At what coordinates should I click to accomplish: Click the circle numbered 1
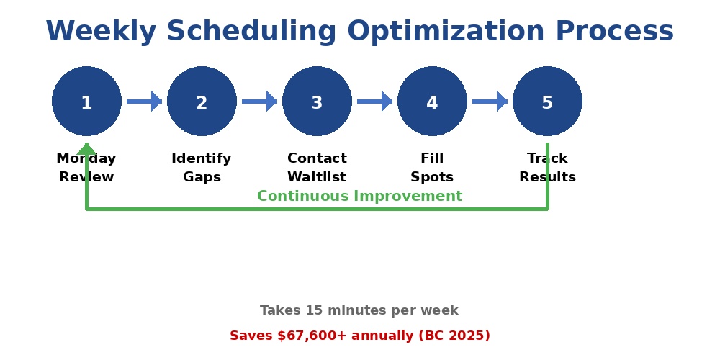pyautogui.click(x=86, y=102)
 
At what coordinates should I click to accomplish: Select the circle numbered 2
pyautogui.click(x=202, y=102)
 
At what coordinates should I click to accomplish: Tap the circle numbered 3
pyautogui.click(x=317, y=102)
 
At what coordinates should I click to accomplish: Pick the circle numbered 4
pyautogui.click(x=432, y=102)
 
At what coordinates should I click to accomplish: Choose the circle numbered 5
pyautogui.click(x=547, y=102)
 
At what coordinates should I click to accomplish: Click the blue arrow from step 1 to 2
pyautogui.click(x=144, y=102)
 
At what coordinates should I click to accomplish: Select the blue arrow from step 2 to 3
pyautogui.click(x=259, y=102)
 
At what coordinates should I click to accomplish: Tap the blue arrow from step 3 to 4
pyautogui.click(x=374, y=102)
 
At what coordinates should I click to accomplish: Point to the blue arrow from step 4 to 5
pyautogui.click(x=490, y=102)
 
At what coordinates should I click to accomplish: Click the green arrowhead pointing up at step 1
pyautogui.click(x=86, y=148)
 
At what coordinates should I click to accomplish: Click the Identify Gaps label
pyautogui.click(x=202, y=168)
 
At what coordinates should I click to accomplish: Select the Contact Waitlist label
pyautogui.click(x=317, y=168)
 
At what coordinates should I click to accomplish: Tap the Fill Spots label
pyautogui.click(x=432, y=168)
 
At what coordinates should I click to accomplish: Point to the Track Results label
pyautogui.click(x=547, y=168)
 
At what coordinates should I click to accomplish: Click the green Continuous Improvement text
pyautogui.click(x=359, y=197)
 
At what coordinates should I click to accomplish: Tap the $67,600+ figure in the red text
pyautogui.click(x=308, y=336)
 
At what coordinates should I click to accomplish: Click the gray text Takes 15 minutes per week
pyautogui.click(x=359, y=310)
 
